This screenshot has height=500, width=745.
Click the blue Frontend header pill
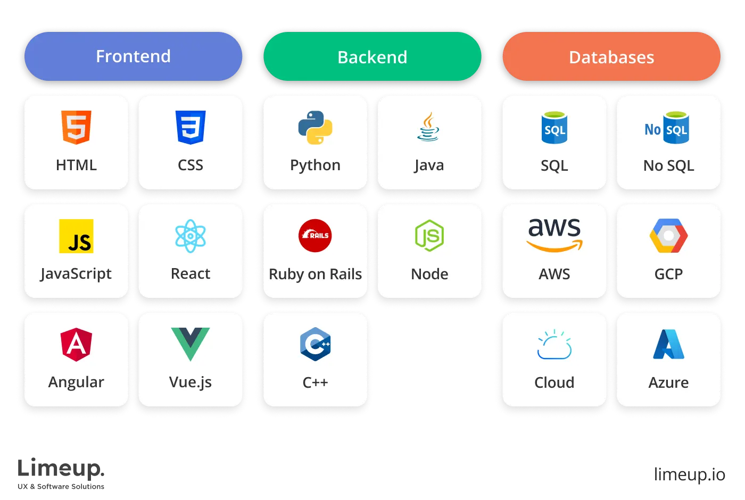(x=133, y=56)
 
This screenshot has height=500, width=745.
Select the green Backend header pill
(x=372, y=57)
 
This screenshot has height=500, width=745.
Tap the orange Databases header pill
(x=611, y=57)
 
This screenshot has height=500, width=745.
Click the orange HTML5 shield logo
(x=76, y=127)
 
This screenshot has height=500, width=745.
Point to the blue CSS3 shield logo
(x=191, y=127)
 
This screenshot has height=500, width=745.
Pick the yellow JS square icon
(x=76, y=236)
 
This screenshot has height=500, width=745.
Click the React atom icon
(x=191, y=236)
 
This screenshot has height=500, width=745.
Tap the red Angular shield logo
(x=76, y=345)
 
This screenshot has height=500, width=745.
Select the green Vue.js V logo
(x=191, y=344)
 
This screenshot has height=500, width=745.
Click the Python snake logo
(x=315, y=128)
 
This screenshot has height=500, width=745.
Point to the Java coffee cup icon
(x=428, y=127)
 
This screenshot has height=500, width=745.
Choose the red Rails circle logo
(x=315, y=235)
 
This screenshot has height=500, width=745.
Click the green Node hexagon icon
(x=429, y=236)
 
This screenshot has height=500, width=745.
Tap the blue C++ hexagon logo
(x=315, y=344)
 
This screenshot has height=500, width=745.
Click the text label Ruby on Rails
(x=315, y=274)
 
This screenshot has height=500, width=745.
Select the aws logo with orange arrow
(x=554, y=235)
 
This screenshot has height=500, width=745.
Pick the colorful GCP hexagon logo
(x=668, y=236)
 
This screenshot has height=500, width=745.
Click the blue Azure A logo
(x=668, y=345)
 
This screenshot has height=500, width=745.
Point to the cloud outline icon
(x=554, y=345)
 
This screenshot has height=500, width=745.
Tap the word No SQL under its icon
(x=668, y=165)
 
